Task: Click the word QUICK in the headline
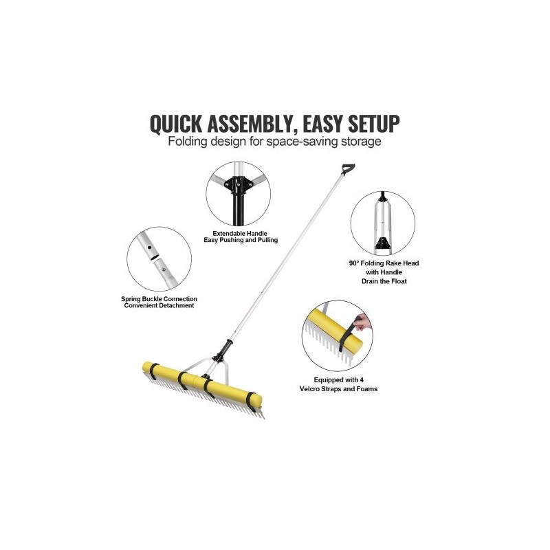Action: (176, 124)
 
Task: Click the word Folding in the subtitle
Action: (188, 142)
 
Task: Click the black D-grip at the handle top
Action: (348, 169)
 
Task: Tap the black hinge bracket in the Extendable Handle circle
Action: (239, 184)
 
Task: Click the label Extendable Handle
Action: (240, 233)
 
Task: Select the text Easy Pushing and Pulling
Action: (241, 240)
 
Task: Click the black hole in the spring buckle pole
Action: (149, 247)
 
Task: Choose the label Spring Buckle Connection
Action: (159, 299)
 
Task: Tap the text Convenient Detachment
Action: (159, 305)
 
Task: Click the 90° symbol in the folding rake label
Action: (354, 263)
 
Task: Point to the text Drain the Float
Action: (384, 281)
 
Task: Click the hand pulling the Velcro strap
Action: (363, 322)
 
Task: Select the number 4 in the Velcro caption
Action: (362, 380)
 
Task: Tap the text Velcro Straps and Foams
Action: (338, 389)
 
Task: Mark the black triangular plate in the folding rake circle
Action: (382, 243)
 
